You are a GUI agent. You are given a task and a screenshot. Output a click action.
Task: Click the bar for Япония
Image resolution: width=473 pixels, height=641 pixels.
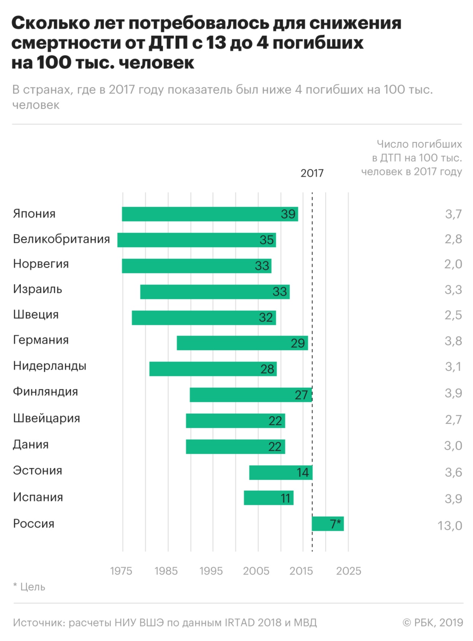tap(210, 214)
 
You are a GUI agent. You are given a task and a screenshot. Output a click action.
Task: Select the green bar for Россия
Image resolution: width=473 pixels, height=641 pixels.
tap(327, 524)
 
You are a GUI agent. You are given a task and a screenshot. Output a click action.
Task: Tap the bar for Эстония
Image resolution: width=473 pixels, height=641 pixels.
tap(281, 472)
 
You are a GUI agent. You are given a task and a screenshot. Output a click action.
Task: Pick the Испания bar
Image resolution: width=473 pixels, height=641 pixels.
tap(268, 498)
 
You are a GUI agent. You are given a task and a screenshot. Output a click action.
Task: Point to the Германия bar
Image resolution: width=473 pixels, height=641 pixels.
tap(242, 343)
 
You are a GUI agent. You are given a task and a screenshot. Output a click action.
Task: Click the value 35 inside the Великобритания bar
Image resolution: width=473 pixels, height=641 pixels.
tap(266, 240)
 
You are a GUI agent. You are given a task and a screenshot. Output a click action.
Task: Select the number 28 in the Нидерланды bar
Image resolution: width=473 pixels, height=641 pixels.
tap(267, 369)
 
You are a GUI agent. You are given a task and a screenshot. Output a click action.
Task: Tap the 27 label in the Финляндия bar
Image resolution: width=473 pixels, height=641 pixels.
tap(301, 395)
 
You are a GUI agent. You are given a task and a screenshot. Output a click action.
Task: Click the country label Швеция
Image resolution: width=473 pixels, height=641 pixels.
tap(36, 315)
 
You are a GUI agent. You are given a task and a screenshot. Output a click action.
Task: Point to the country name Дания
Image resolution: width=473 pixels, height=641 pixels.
tap(31, 445)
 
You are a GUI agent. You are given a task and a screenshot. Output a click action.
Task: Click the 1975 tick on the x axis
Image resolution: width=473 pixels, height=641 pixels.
tap(121, 571)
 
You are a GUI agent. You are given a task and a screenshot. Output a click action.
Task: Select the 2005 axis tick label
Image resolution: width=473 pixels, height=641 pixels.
tap(256, 571)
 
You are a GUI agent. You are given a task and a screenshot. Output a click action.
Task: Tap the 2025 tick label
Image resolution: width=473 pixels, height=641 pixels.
tap(348, 571)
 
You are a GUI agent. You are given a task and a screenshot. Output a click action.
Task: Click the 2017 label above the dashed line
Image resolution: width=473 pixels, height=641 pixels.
tap(312, 173)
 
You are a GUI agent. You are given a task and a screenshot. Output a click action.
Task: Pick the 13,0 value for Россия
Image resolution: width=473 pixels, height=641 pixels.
tap(450, 526)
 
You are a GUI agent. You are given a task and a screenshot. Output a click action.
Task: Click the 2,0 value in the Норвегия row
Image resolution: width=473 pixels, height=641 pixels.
tap(453, 264)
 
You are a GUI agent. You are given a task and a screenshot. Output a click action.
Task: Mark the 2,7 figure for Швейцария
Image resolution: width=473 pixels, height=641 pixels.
tap(453, 420)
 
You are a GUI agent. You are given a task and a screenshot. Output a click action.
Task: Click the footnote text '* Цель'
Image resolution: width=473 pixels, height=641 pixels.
tap(29, 586)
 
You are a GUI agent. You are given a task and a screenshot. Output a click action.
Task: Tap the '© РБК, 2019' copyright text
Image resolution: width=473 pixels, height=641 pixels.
tap(433, 622)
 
